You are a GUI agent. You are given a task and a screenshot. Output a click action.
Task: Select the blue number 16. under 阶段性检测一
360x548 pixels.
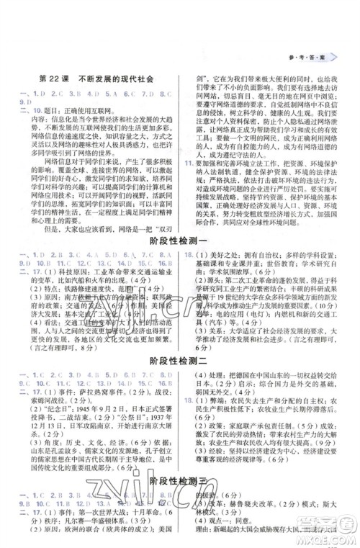pos(188,254)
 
